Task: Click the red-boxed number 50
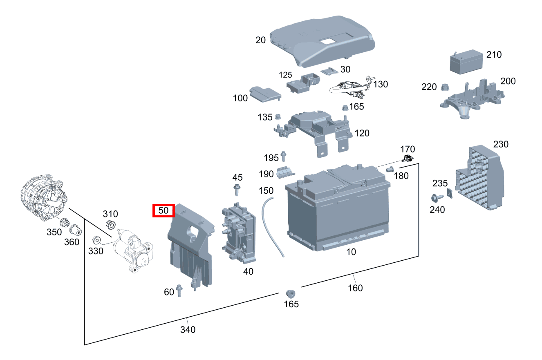point(163,211)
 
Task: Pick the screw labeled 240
point(435,198)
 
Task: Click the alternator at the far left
point(43,197)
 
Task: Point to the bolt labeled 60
point(179,290)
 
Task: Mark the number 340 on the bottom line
point(188,329)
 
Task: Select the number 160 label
point(355,288)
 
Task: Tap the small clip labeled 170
point(407,159)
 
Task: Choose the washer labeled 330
point(97,239)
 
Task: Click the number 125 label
point(286,75)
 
